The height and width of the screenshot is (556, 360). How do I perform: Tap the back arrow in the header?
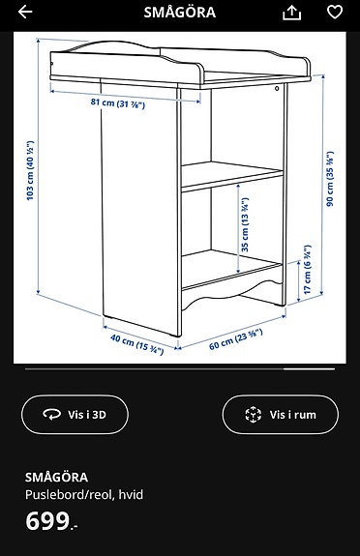pyautogui.click(x=25, y=13)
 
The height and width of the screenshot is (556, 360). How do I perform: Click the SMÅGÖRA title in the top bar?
pyautogui.click(x=180, y=13)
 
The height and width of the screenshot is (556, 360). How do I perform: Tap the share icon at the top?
pyautogui.click(x=291, y=13)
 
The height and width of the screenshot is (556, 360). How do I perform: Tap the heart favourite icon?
pyautogui.click(x=335, y=13)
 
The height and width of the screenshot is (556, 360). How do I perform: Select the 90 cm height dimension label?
pyautogui.click(x=329, y=179)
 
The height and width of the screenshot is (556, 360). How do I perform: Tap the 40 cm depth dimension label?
pyautogui.click(x=136, y=342)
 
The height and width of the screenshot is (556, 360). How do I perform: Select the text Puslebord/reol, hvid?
pyautogui.click(x=84, y=494)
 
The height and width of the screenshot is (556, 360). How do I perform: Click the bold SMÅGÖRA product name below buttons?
pyautogui.click(x=56, y=477)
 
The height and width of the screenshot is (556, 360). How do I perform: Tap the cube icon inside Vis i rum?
pyautogui.click(x=253, y=415)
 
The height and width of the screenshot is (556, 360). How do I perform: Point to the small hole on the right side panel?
pyautogui.click(x=277, y=90)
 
